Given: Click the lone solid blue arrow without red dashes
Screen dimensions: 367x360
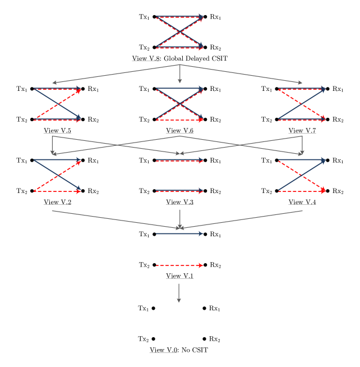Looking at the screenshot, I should [x=179, y=233].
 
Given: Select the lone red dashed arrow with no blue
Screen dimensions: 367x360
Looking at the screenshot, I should [x=179, y=265].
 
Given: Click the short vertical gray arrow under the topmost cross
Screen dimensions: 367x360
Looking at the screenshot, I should [x=179, y=74].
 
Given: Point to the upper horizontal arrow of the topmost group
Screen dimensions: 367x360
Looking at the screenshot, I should [x=179, y=17].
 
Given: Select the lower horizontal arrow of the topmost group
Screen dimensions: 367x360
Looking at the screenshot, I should [x=179, y=48].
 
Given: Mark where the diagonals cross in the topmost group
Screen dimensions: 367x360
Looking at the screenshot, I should [x=179, y=33].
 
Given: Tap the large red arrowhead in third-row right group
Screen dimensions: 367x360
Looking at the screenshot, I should [x=322, y=190].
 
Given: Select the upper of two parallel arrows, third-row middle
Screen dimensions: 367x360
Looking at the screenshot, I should [x=179, y=160].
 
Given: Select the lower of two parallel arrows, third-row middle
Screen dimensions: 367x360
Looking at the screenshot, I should [x=179, y=191].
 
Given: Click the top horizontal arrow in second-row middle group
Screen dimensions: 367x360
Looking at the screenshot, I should [x=179, y=88].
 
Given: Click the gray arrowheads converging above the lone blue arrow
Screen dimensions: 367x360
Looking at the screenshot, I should [x=180, y=227].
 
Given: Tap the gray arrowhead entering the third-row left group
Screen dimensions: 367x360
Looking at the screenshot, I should [x=53, y=152].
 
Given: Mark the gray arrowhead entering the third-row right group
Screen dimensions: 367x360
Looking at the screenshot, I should [x=301, y=152].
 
